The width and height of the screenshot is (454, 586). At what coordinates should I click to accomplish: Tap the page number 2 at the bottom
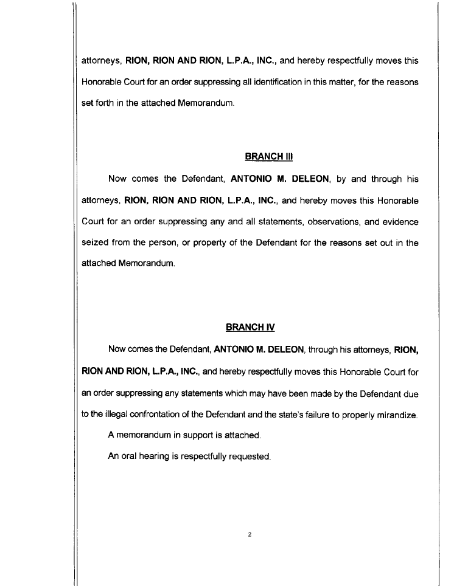pos(250,535)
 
